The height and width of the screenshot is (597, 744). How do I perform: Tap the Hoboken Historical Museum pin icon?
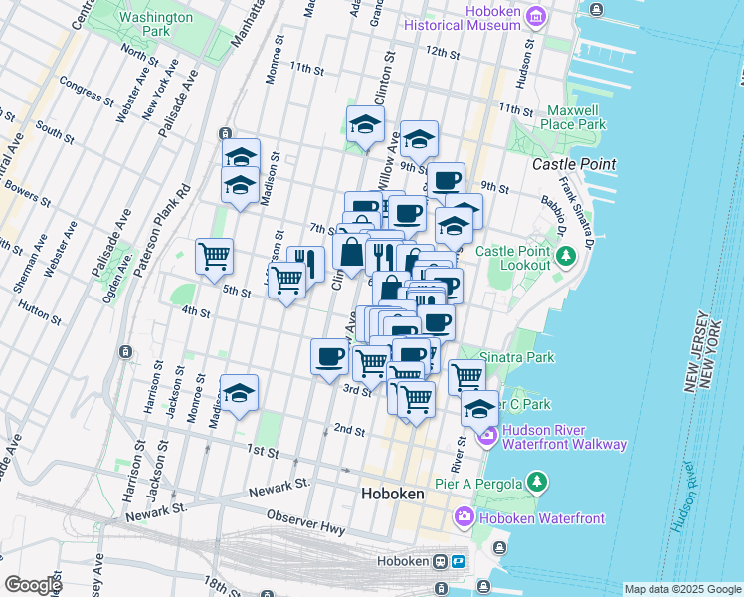[535, 15]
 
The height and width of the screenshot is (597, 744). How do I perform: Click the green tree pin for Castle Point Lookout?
[565, 257]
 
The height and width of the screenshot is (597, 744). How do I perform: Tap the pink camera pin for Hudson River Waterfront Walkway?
[488, 435]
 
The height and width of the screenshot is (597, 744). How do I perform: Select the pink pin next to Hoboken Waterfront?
[465, 517]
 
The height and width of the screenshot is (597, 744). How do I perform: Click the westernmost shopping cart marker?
[214, 257]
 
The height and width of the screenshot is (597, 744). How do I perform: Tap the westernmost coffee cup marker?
[329, 356]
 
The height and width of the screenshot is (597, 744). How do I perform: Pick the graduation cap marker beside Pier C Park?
[478, 408]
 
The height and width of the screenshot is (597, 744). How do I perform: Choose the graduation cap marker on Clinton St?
[365, 125]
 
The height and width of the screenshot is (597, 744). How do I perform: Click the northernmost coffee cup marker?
[447, 180]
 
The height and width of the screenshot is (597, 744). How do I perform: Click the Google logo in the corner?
[32, 585]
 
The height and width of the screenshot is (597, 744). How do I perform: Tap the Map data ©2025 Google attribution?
[681, 589]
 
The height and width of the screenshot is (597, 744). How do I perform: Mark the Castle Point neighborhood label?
[574, 164]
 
